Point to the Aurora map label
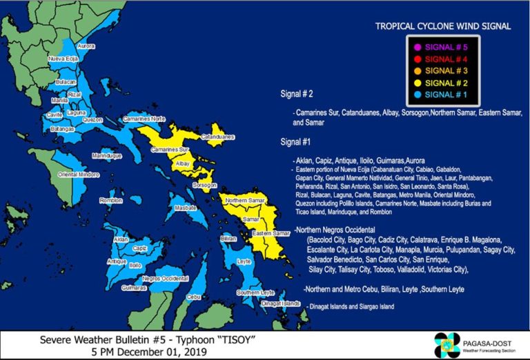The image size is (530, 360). (86, 46)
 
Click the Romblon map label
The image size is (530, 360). (110, 200)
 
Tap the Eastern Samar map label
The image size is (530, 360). (271, 234)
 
